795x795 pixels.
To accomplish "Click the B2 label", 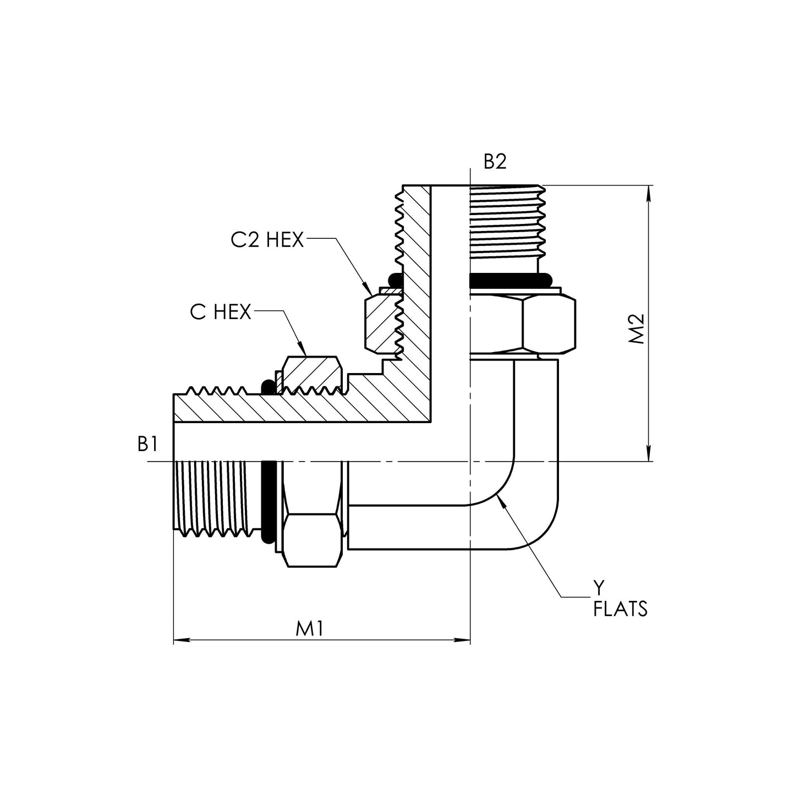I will click(x=494, y=162).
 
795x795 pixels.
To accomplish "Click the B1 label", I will click(x=148, y=444).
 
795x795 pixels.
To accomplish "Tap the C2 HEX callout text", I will click(x=267, y=240).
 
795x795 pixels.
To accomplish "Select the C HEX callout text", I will click(x=221, y=312).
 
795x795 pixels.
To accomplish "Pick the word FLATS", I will click(x=620, y=609).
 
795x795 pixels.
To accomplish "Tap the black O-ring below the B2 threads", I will click(x=509, y=280).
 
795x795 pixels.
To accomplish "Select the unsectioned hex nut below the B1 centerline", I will click(x=311, y=514).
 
